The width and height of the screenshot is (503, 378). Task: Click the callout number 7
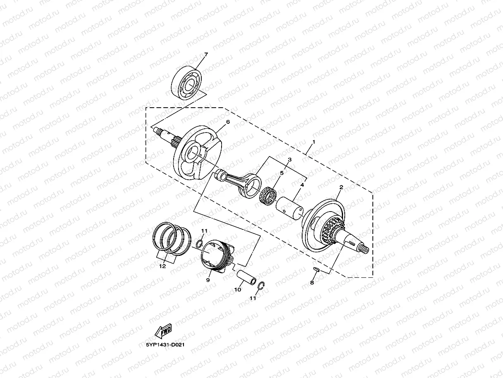pos(206,55)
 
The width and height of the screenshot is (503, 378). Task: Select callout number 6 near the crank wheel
pos(227,122)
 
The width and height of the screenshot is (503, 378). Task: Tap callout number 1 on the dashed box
pos(314,142)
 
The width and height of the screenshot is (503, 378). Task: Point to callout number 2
pos(341,188)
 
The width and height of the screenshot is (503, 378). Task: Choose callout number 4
pos(302,185)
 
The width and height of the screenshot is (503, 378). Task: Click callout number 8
pos(312,283)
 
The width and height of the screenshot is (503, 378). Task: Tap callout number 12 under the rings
pos(162,266)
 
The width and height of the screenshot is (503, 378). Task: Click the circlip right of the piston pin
pos(261,286)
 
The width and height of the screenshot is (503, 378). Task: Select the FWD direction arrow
pos(163,332)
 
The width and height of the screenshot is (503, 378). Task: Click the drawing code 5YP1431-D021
pos(164,344)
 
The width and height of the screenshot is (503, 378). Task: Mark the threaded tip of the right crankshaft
pos(365,248)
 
